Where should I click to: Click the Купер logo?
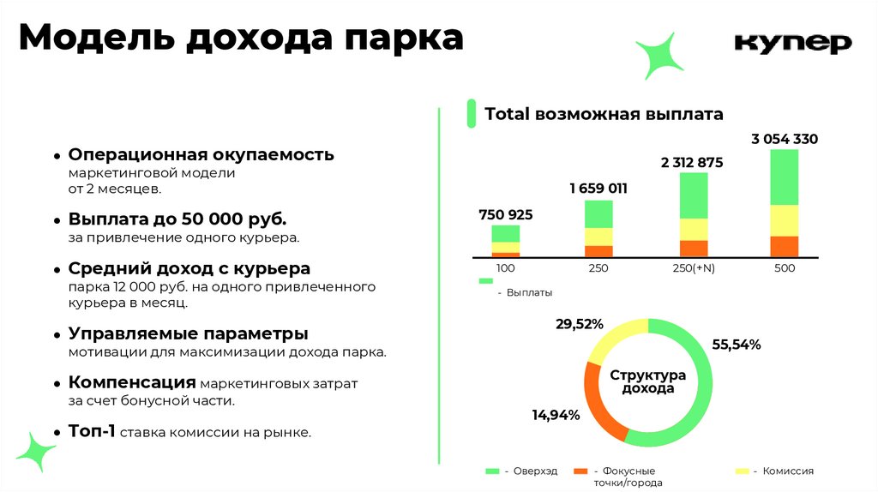[793, 43]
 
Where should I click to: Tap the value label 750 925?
[506, 214]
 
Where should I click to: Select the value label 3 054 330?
[784, 139]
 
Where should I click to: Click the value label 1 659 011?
[598, 189]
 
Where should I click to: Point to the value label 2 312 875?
[692, 162]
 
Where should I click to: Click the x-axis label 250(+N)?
[694, 268]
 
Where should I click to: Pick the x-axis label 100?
[505, 268]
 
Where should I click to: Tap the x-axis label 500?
[784, 268]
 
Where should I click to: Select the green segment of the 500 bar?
[784, 177]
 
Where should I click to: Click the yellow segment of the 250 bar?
[598, 237]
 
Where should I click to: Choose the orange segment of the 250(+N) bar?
[694, 248]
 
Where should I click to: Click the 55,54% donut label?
[737, 345]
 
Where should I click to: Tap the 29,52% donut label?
[580, 324]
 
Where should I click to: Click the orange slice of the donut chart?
[600, 403]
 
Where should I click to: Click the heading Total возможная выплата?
[604, 114]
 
